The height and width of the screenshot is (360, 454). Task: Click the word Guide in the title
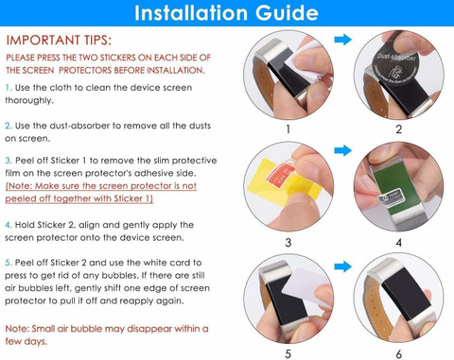pos(287,12)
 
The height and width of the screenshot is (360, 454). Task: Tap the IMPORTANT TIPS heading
pos(59,40)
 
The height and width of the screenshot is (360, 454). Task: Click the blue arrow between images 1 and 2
pos(342,40)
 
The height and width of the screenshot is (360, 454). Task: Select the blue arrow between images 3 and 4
pos(342,150)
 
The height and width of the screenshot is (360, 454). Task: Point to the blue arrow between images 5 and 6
pos(342,266)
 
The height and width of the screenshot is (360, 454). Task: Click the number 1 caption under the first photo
pos(288,129)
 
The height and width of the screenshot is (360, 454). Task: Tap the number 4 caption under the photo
pos(399,243)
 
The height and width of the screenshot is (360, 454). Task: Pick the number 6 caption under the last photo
pos(399,354)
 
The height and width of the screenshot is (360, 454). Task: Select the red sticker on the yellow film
pos(280,172)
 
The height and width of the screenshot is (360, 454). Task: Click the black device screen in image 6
pos(404,294)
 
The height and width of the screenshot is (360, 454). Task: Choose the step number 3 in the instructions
pos(9,161)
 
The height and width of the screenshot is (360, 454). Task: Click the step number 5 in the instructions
pos(9,263)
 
